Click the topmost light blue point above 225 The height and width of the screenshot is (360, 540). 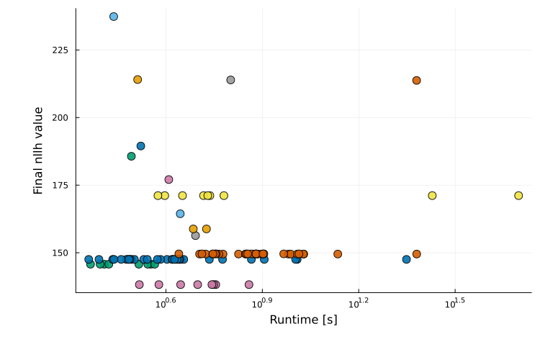(x=114, y=17)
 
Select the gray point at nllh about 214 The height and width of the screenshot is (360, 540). (x=230, y=80)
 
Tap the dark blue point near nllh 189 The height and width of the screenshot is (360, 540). (x=140, y=146)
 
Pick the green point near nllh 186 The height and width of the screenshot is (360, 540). (x=131, y=156)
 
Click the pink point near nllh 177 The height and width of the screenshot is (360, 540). (x=168, y=179)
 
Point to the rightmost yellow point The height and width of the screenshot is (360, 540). (x=518, y=196)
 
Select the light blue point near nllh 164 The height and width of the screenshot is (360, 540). (x=180, y=214)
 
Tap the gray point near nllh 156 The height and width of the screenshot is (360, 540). (x=195, y=235)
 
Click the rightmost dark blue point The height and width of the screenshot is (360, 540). (x=406, y=259)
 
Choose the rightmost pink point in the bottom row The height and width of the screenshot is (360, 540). (x=249, y=284)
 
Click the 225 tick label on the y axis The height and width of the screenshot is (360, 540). (x=60, y=50)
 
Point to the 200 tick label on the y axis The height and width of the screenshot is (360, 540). (x=60, y=117)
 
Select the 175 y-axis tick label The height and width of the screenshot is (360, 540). (x=60, y=185)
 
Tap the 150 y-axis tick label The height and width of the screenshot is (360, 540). (x=60, y=253)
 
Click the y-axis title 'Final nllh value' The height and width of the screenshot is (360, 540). (x=39, y=150)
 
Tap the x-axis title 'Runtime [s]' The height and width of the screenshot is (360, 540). (x=303, y=320)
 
